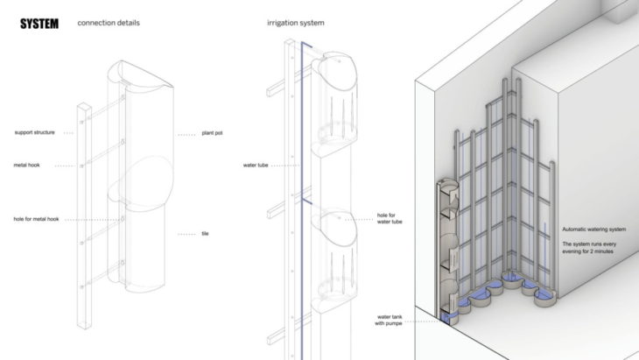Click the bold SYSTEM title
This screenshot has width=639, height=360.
39,24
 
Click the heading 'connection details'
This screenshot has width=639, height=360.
108,24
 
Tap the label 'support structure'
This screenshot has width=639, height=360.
34,133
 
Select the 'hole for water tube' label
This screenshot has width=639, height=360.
390,219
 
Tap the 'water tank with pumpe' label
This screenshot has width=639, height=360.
390,320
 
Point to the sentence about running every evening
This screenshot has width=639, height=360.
594,246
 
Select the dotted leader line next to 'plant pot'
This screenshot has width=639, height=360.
187,134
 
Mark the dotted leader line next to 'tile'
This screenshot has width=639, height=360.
187,234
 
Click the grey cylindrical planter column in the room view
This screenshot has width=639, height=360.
447,245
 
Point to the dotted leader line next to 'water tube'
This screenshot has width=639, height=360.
286,164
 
